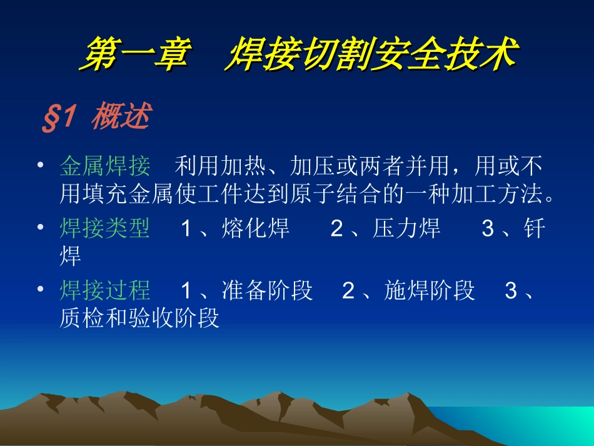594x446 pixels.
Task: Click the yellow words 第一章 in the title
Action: pos(135,53)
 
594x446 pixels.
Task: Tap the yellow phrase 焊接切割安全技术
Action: pos(372,53)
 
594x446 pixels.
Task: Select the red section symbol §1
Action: pos(59,117)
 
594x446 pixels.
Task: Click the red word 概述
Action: pos(121,116)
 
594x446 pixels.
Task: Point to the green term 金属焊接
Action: pos(105,166)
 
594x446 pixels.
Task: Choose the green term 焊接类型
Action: pos(105,228)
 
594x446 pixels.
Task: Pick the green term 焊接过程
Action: pos(105,290)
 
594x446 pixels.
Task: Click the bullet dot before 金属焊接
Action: pos(41,165)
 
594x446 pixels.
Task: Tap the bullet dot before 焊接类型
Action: pos(41,227)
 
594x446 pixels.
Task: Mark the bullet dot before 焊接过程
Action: pos(41,289)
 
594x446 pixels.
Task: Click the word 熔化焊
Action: pos(255,228)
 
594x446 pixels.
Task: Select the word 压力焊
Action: pos(406,228)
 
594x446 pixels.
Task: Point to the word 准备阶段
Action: pos(267,290)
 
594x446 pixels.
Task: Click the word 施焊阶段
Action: pos(429,290)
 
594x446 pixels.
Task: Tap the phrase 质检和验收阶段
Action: pos(139,318)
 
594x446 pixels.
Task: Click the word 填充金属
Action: pos(128,193)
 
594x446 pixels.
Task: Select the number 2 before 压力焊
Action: pos(337,228)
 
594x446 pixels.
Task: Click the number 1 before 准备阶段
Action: pos(186,291)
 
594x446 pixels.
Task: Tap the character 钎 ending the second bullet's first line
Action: pos(535,228)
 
